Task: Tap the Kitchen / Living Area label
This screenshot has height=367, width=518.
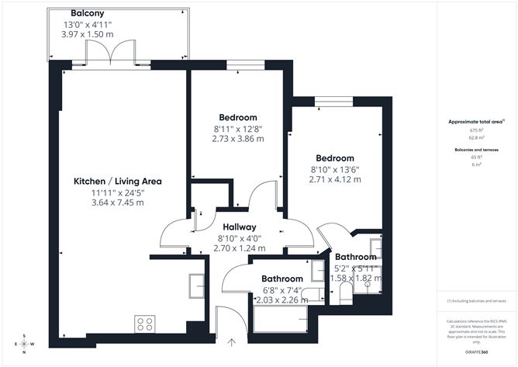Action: (x=118, y=181)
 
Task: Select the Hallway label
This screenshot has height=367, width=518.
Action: (x=240, y=227)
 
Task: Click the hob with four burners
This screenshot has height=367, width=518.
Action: (x=144, y=321)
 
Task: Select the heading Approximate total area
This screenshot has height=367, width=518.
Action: (x=475, y=122)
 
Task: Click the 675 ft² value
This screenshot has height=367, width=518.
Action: (x=475, y=131)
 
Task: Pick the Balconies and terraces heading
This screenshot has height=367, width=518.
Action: (x=475, y=149)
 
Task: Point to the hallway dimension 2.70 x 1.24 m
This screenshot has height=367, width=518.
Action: (x=240, y=248)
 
